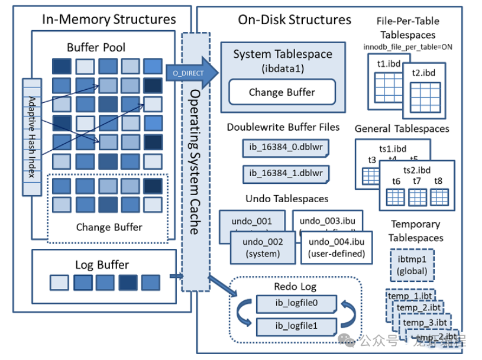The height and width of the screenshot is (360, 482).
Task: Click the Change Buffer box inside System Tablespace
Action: click(282, 92)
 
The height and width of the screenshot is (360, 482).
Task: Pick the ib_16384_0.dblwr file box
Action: click(285, 147)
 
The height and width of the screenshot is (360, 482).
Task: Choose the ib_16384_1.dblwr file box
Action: click(285, 174)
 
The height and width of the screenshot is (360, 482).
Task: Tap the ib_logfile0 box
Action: click(296, 304)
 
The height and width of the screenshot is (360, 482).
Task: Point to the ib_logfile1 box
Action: click(296, 326)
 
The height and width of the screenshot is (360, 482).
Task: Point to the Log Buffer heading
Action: click(102, 264)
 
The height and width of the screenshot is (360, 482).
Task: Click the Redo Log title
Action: click(295, 287)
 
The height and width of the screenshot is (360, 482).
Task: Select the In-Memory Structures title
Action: click(109, 19)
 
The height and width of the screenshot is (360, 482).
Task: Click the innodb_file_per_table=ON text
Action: click(408, 47)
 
